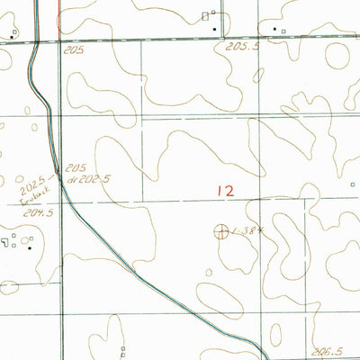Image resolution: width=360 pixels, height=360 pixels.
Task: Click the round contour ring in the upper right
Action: tap(337, 56)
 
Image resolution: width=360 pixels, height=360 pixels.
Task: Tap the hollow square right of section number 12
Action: tap(353, 185)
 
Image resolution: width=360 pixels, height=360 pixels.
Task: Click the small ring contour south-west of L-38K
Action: tap(206, 270)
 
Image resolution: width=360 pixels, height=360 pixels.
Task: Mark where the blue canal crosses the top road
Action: tap(36, 40)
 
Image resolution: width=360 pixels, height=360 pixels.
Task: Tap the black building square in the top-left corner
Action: tap(13, 36)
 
